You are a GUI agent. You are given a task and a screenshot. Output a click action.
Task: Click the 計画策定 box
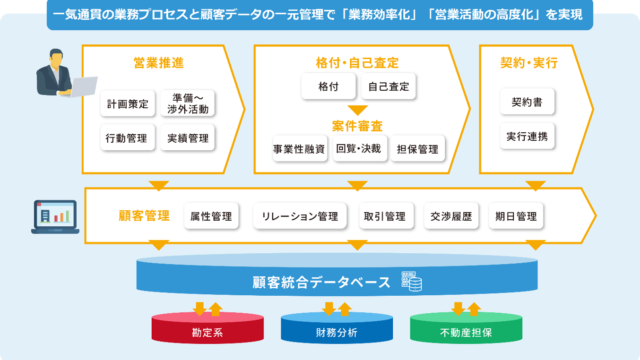click(x=129, y=103)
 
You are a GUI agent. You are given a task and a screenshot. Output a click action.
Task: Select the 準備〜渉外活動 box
click(x=188, y=104)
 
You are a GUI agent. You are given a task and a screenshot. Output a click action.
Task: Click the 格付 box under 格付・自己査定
click(x=326, y=88)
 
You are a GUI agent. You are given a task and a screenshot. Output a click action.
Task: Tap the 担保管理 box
click(x=415, y=149)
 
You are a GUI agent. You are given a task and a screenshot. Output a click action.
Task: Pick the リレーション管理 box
click(x=300, y=215)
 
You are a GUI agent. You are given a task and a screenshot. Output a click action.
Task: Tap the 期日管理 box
click(x=515, y=215)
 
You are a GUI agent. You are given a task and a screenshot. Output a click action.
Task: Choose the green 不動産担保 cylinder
click(x=452, y=328)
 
